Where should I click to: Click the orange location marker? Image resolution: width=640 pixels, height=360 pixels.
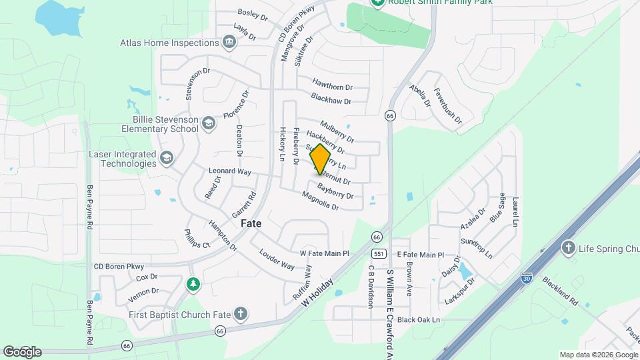(x=321, y=159)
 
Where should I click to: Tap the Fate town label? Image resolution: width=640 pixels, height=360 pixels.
(x=251, y=224)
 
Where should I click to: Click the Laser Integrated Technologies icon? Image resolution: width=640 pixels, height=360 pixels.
(x=167, y=158)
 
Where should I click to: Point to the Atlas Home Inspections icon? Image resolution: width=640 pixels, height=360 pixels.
(x=230, y=43)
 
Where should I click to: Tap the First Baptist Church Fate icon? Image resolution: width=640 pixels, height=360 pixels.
(x=241, y=314)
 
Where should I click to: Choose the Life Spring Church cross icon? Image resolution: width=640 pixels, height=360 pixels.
(x=568, y=249)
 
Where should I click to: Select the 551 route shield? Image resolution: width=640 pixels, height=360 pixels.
(x=379, y=254)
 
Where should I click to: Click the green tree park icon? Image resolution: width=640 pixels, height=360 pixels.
(x=193, y=285)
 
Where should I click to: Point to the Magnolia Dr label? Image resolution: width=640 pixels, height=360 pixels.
(x=321, y=201)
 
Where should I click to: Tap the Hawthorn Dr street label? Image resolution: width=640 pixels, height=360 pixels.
(x=332, y=85)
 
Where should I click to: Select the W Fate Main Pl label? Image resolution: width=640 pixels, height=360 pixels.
(x=325, y=253)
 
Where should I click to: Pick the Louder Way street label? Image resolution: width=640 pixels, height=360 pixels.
(x=277, y=259)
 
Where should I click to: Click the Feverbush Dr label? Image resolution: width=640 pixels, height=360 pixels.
(x=447, y=105)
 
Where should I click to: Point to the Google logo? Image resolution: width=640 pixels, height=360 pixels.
(x=22, y=351)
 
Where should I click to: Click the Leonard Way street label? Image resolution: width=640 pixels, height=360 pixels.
(x=230, y=171)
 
